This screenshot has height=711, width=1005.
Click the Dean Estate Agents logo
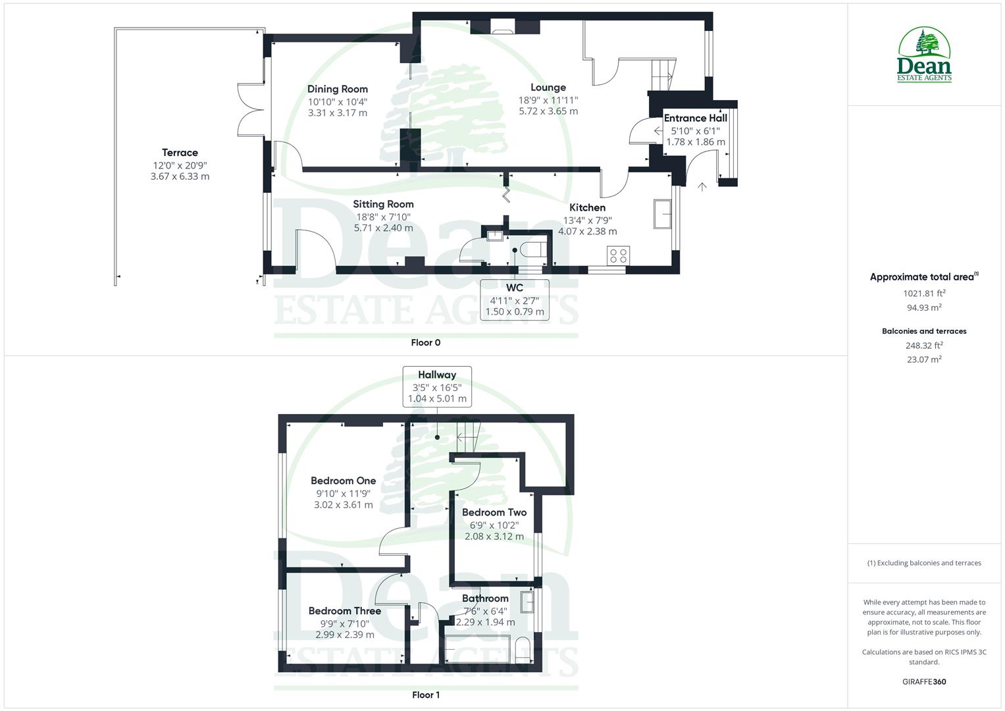point(924,55)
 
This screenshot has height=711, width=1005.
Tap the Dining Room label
point(338,89)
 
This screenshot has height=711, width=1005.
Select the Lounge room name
point(548,88)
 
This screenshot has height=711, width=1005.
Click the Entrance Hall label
point(696,118)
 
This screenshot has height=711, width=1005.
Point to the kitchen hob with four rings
point(618,255)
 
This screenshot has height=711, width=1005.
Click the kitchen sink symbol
point(662,214)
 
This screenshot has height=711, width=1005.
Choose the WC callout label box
point(515,300)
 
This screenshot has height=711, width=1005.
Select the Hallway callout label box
point(437,386)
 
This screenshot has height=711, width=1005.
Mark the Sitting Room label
point(383,204)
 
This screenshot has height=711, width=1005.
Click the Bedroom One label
point(343,481)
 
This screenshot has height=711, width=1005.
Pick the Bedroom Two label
point(494,512)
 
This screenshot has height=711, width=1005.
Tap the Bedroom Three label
point(344,611)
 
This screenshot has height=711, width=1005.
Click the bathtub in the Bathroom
point(478,648)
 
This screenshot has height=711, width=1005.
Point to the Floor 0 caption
point(425,342)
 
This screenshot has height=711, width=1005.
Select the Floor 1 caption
point(425,695)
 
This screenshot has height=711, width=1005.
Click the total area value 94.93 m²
point(924,307)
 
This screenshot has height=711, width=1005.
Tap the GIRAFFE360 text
point(924,681)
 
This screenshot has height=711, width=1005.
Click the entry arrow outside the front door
point(702,187)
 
